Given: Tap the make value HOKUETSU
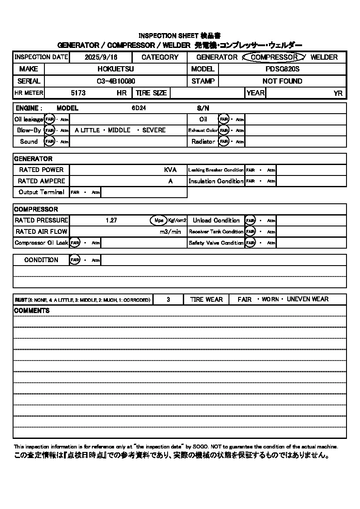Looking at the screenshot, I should [115, 69].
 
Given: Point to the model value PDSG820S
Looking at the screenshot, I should [283, 69].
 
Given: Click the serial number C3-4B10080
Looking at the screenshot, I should [115, 81].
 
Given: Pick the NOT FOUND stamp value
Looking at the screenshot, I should [282, 81].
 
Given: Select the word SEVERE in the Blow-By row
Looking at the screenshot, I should [154, 130].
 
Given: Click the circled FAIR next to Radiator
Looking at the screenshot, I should [224, 142].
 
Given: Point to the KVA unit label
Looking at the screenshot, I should [170, 170].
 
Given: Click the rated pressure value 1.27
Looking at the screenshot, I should [111, 220].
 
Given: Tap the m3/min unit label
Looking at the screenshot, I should [170, 232].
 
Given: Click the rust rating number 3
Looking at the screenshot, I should [168, 300].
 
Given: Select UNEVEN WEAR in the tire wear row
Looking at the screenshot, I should [307, 300].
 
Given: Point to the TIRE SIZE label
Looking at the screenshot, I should [151, 93].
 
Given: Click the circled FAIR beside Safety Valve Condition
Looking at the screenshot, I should [250, 243].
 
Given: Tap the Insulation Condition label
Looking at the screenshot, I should [216, 181].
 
